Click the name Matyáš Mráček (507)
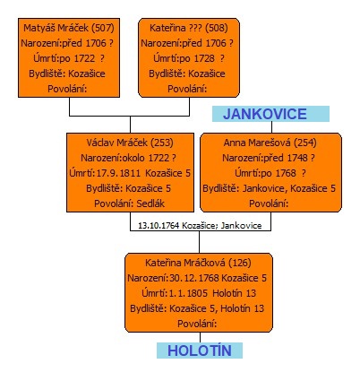(x=69, y=28)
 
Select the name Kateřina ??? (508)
(x=189, y=28)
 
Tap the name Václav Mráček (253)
(x=130, y=143)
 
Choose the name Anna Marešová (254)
(x=270, y=143)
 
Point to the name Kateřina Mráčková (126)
(x=198, y=263)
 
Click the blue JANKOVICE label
(x=265, y=114)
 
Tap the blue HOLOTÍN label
(x=200, y=351)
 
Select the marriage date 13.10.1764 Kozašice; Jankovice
(x=200, y=226)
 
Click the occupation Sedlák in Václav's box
(x=150, y=203)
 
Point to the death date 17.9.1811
(x=118, y=173)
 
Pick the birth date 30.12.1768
(x=194, y=278)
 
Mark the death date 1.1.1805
(x=188, y=293)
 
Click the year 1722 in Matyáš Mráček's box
(x=84, y=58)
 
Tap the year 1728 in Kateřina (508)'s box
(x=204, y=58)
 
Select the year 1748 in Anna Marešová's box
(x=297, y=158)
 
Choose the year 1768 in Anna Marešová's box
(x=286, y=173)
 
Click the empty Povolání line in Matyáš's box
(x=67, y=89)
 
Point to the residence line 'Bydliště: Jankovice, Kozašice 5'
(x=270, y=188)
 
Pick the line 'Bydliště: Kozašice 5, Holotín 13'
(x=197, y=308)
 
